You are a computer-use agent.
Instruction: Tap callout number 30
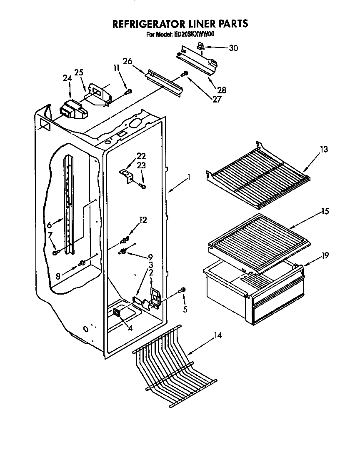tap(233, 48)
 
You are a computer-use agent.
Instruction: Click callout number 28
tap(221, 90)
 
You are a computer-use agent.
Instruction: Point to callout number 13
tap(324, 149)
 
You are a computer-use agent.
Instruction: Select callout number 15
tap(325, 212)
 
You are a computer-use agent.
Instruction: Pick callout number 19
tap(325, 255)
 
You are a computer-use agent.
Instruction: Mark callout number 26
tap(127, 61)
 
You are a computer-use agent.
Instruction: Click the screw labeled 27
tap(184, 75)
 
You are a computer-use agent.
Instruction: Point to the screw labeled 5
tap(182, 290)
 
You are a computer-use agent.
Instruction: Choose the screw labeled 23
tap(142, 186)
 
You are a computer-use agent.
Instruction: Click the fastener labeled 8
tap(83, 262)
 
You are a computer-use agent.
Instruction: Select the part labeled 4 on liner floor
tap(116, 313)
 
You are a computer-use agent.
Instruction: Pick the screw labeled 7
tap(55, 252)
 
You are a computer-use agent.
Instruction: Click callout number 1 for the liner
tap(189, 177)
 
